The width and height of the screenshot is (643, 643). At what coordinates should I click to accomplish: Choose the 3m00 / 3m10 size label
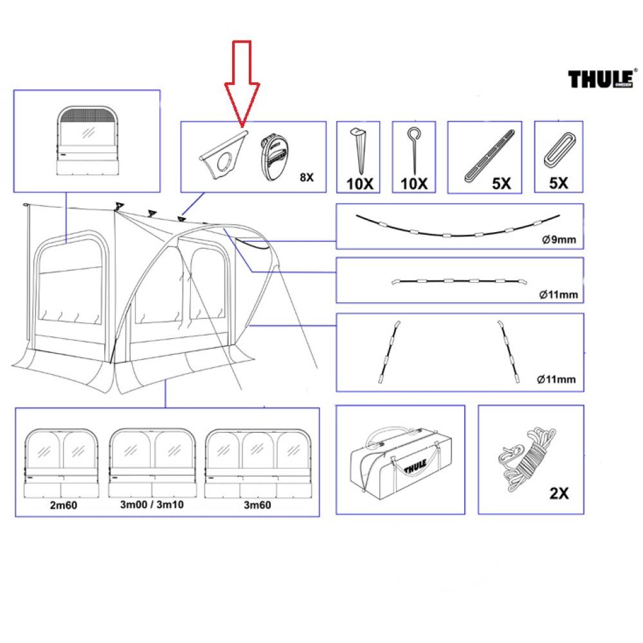pos(152,505)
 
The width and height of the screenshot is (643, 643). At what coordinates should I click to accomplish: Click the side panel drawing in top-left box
pos(86,141)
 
